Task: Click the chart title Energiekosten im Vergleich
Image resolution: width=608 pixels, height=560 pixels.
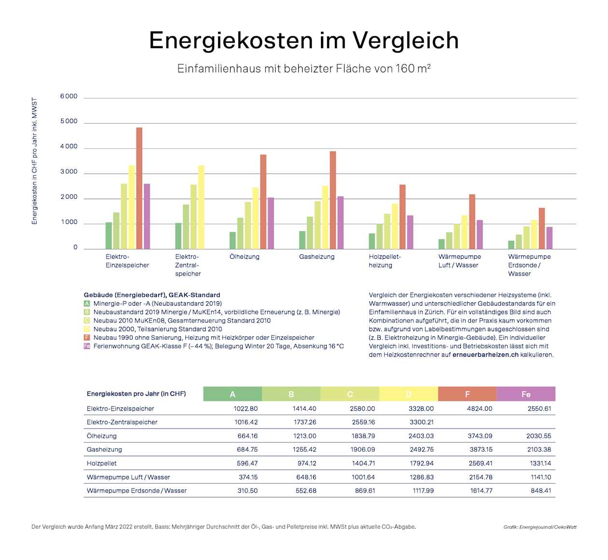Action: [304, 40]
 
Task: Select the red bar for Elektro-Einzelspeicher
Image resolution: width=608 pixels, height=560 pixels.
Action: [139, 188]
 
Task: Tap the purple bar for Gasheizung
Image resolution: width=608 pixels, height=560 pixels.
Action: [340, 223]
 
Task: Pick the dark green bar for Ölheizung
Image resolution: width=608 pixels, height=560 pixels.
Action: [233, 240]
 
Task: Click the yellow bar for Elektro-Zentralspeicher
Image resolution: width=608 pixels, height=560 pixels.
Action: [201, 207]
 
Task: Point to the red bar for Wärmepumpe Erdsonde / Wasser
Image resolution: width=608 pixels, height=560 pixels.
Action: [541, 228]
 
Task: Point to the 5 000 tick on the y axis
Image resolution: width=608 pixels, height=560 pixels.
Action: [69, 122]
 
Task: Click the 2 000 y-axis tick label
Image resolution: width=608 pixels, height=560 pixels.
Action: [69, 197]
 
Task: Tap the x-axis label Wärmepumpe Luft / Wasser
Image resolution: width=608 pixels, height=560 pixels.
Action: [459, 261]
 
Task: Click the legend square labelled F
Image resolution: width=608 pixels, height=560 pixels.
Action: [87, 337]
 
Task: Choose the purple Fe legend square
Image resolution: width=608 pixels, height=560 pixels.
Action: [87, 346]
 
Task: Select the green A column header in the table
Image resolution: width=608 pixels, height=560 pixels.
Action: [233, 394]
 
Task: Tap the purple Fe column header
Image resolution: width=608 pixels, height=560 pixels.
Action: [525, 394]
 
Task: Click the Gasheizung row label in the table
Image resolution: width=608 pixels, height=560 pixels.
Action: [104, 449]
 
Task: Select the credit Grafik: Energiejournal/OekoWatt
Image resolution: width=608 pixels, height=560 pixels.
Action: [539, 527]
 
